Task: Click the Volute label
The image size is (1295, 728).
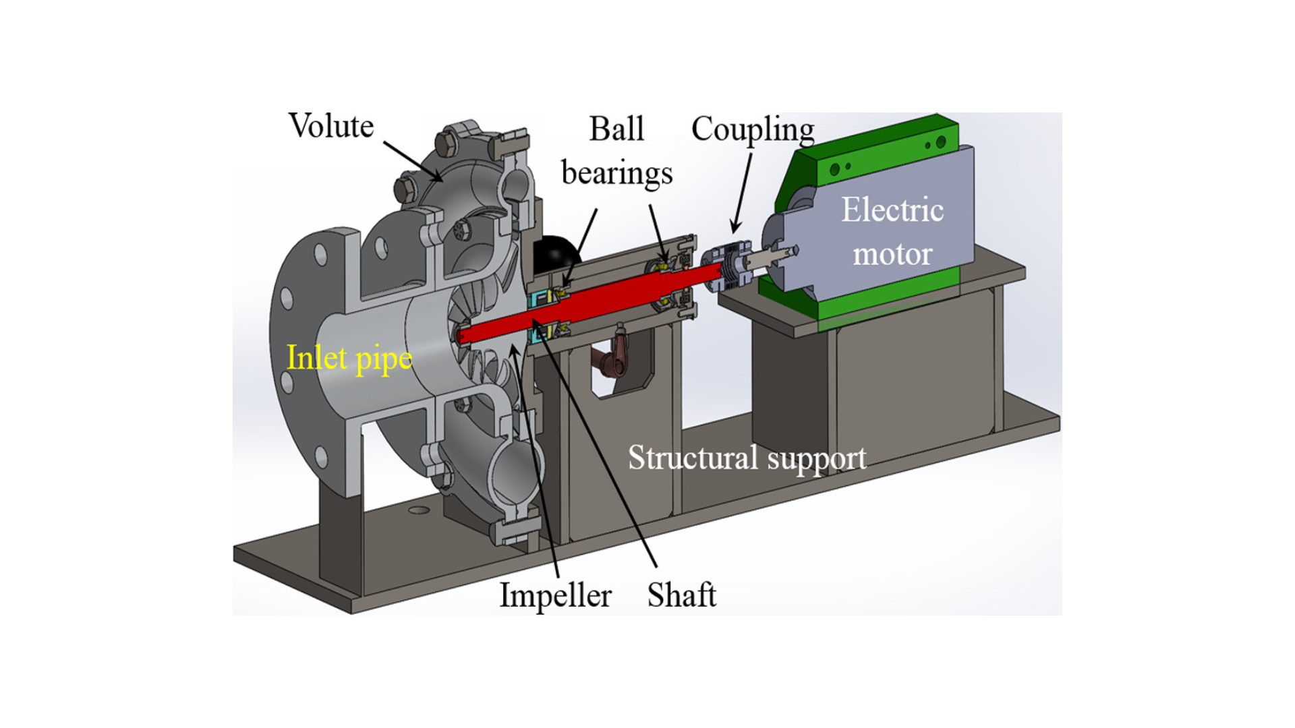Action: coord(330,126)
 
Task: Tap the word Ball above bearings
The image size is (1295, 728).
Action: coord(616,129)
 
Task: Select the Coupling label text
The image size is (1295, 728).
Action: coord(752,129)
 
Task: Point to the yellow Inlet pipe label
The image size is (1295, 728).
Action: coord(349,357)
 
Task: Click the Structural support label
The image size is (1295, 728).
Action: coord(747,458)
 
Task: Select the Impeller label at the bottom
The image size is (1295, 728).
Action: coord(555,595)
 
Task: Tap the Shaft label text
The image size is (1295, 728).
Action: coord(681,595)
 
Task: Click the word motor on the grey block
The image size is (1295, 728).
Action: coord(892,254)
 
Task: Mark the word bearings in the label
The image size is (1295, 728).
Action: coord(616,173)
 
